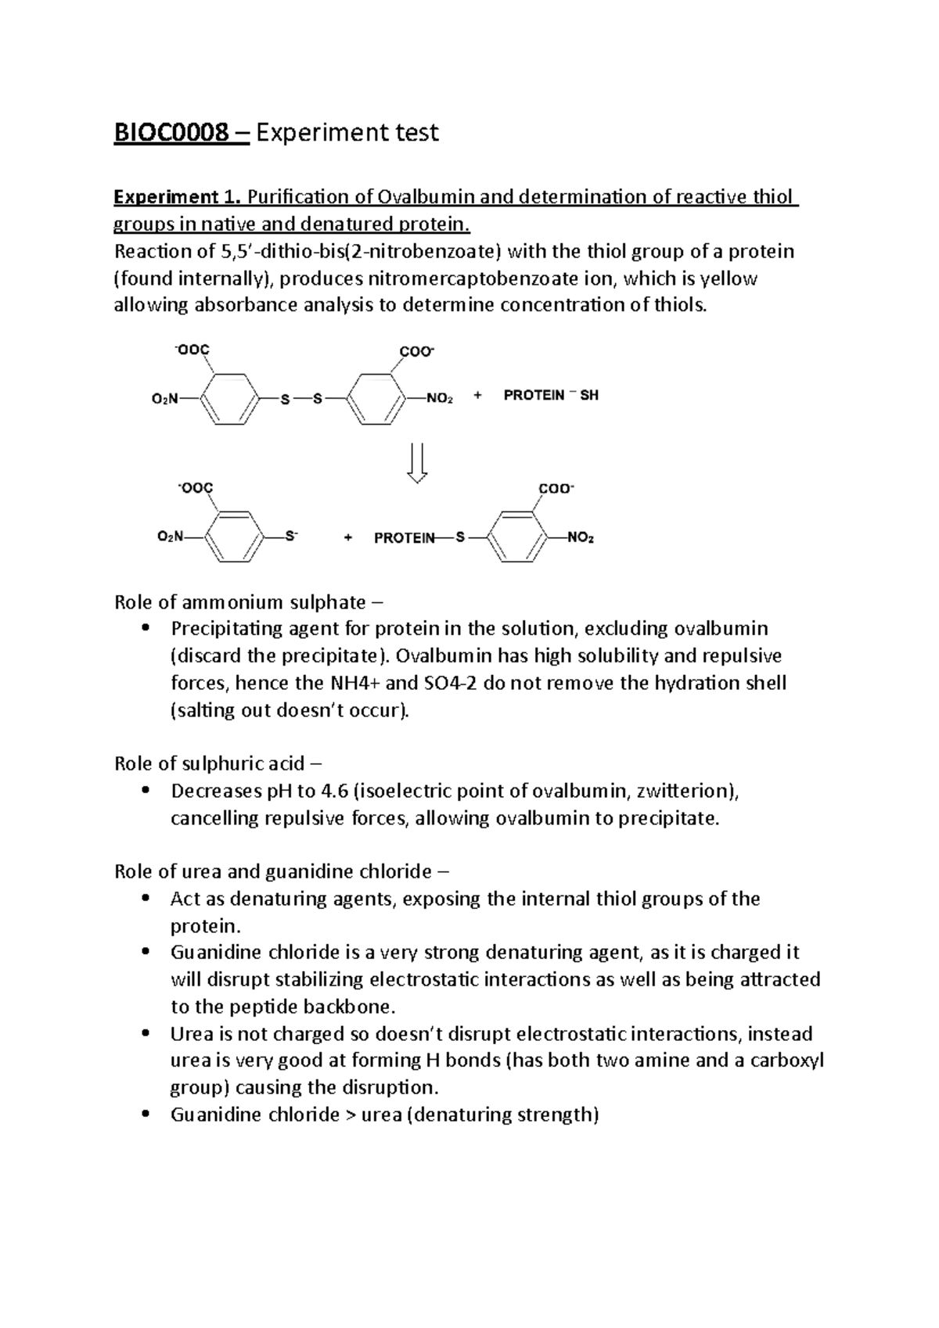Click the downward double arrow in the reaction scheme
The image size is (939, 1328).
(x=417, y=464)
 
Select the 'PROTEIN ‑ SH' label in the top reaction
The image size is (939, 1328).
(x=551, y=396)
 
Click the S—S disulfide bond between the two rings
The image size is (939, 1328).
(x=301, y=399)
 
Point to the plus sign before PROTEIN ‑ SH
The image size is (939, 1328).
(x=478, y=396)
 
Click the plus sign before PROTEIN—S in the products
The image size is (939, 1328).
(x=348, y=538)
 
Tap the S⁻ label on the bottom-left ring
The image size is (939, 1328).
(x=291, y=537)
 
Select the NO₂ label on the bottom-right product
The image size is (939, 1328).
(x=580, y=538)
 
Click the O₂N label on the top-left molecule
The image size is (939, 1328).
(x=164, y=399)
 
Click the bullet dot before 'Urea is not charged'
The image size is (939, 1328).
(x=145, y=1034)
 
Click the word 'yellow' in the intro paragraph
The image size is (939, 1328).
(x=729, y=278)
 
